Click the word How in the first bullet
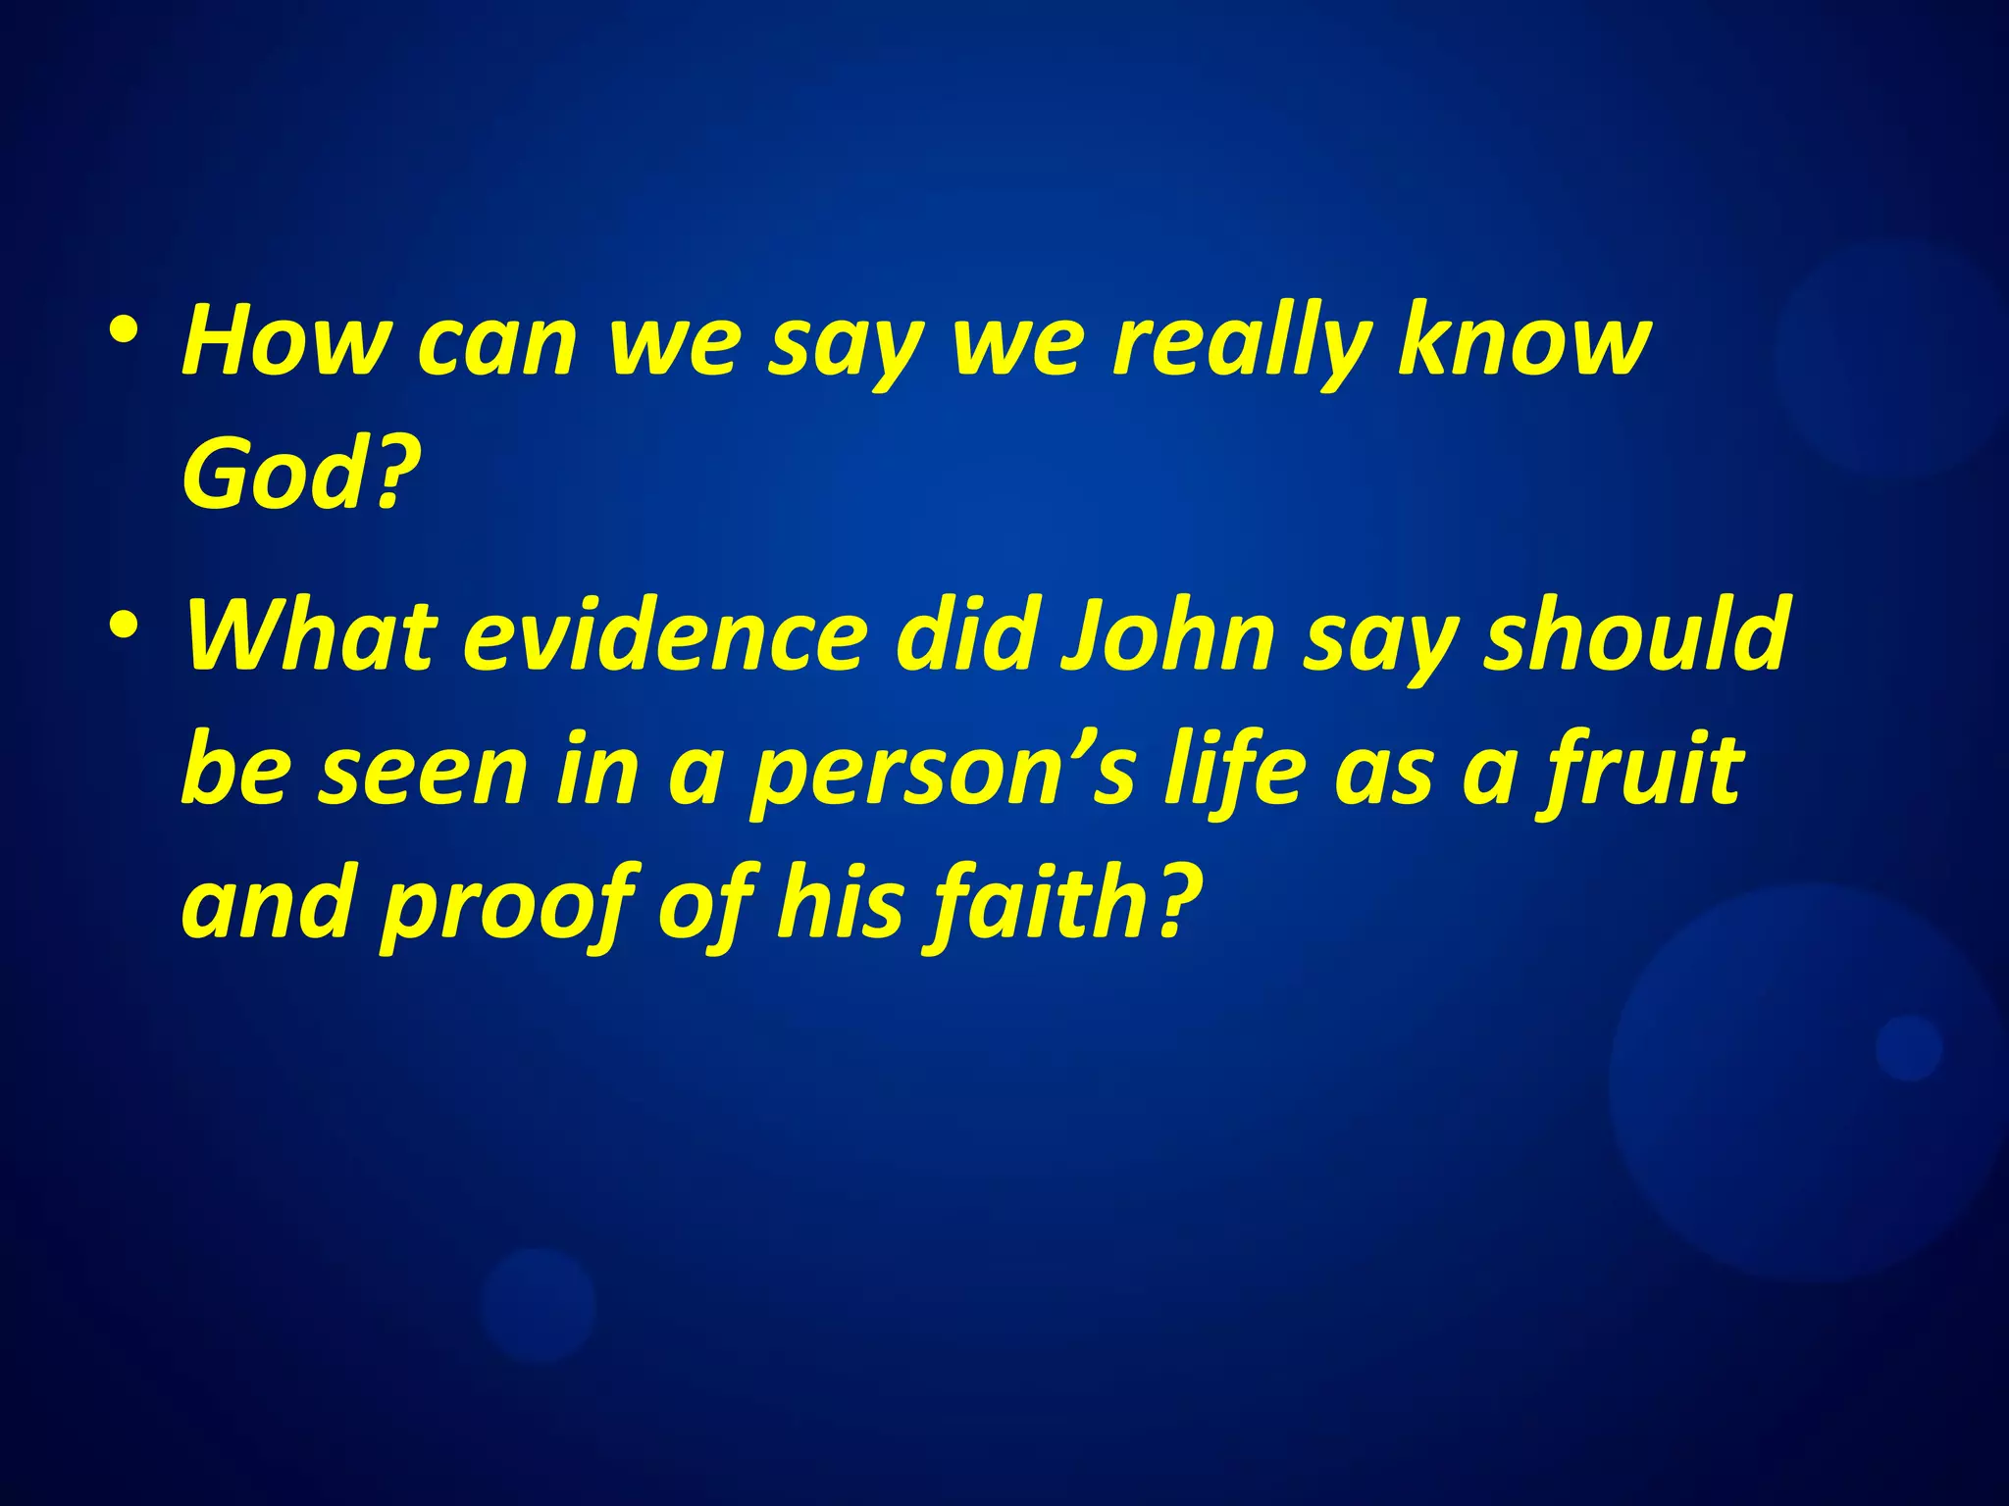pyautogui.click(x=284, y=340)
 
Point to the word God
pyautogui.click(x=275, y=475)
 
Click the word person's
pyautogui.click(x=943, y=775)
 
